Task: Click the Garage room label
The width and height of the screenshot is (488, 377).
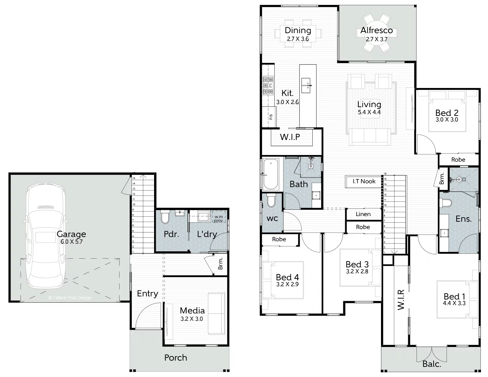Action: (71, 234)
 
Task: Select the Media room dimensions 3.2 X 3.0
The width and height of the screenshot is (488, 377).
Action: (192, 319)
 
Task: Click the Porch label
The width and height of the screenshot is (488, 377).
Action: (176, 357)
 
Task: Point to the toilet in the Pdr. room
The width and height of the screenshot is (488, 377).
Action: (165, 217)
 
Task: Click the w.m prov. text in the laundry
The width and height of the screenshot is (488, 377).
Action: (219, 219)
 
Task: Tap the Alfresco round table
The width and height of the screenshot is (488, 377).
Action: (376, 33)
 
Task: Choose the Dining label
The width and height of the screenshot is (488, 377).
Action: (298, 30)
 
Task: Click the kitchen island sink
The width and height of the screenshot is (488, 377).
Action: (306, 86)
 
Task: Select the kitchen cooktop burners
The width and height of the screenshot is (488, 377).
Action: (268, 86)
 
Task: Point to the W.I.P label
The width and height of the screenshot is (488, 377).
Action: (290, 137)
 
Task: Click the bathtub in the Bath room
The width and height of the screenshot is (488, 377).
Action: (270, 174)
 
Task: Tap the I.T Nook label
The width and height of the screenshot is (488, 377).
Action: (364, 181)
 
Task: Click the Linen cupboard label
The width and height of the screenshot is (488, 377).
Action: (363, 214)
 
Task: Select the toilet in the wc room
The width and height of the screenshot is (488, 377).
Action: (271, 200)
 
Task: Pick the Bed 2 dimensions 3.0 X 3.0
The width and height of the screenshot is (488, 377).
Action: (447, 120)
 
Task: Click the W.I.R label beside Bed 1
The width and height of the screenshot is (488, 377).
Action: (401, 300)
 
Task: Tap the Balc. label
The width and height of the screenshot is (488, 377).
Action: (432, 364)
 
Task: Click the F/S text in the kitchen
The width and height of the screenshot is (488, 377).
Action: (271, 117)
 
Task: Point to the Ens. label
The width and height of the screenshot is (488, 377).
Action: (464, 219)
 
